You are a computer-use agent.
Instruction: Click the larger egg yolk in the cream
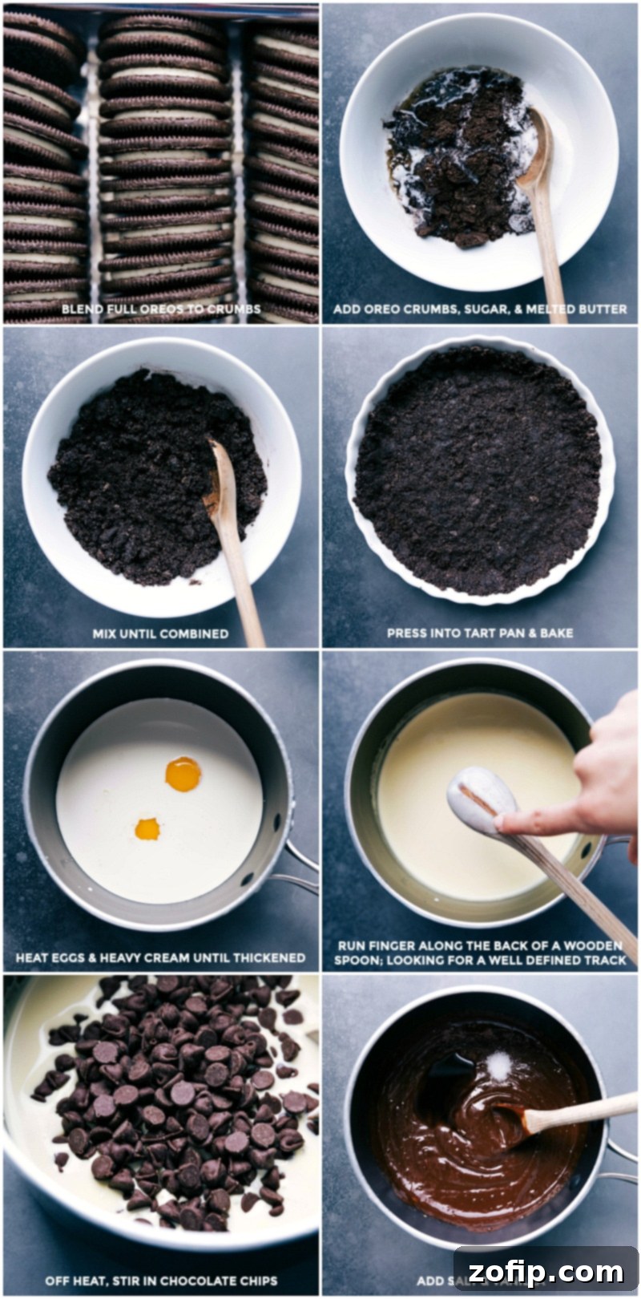[x=183, y=774]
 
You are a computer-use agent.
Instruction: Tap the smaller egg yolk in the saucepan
[x=147, y=829]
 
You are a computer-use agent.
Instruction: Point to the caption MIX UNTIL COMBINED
[x=160, y=633]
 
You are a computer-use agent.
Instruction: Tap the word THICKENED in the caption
[x=269, y=957]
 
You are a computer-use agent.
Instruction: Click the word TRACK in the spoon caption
[x=605, y=959]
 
